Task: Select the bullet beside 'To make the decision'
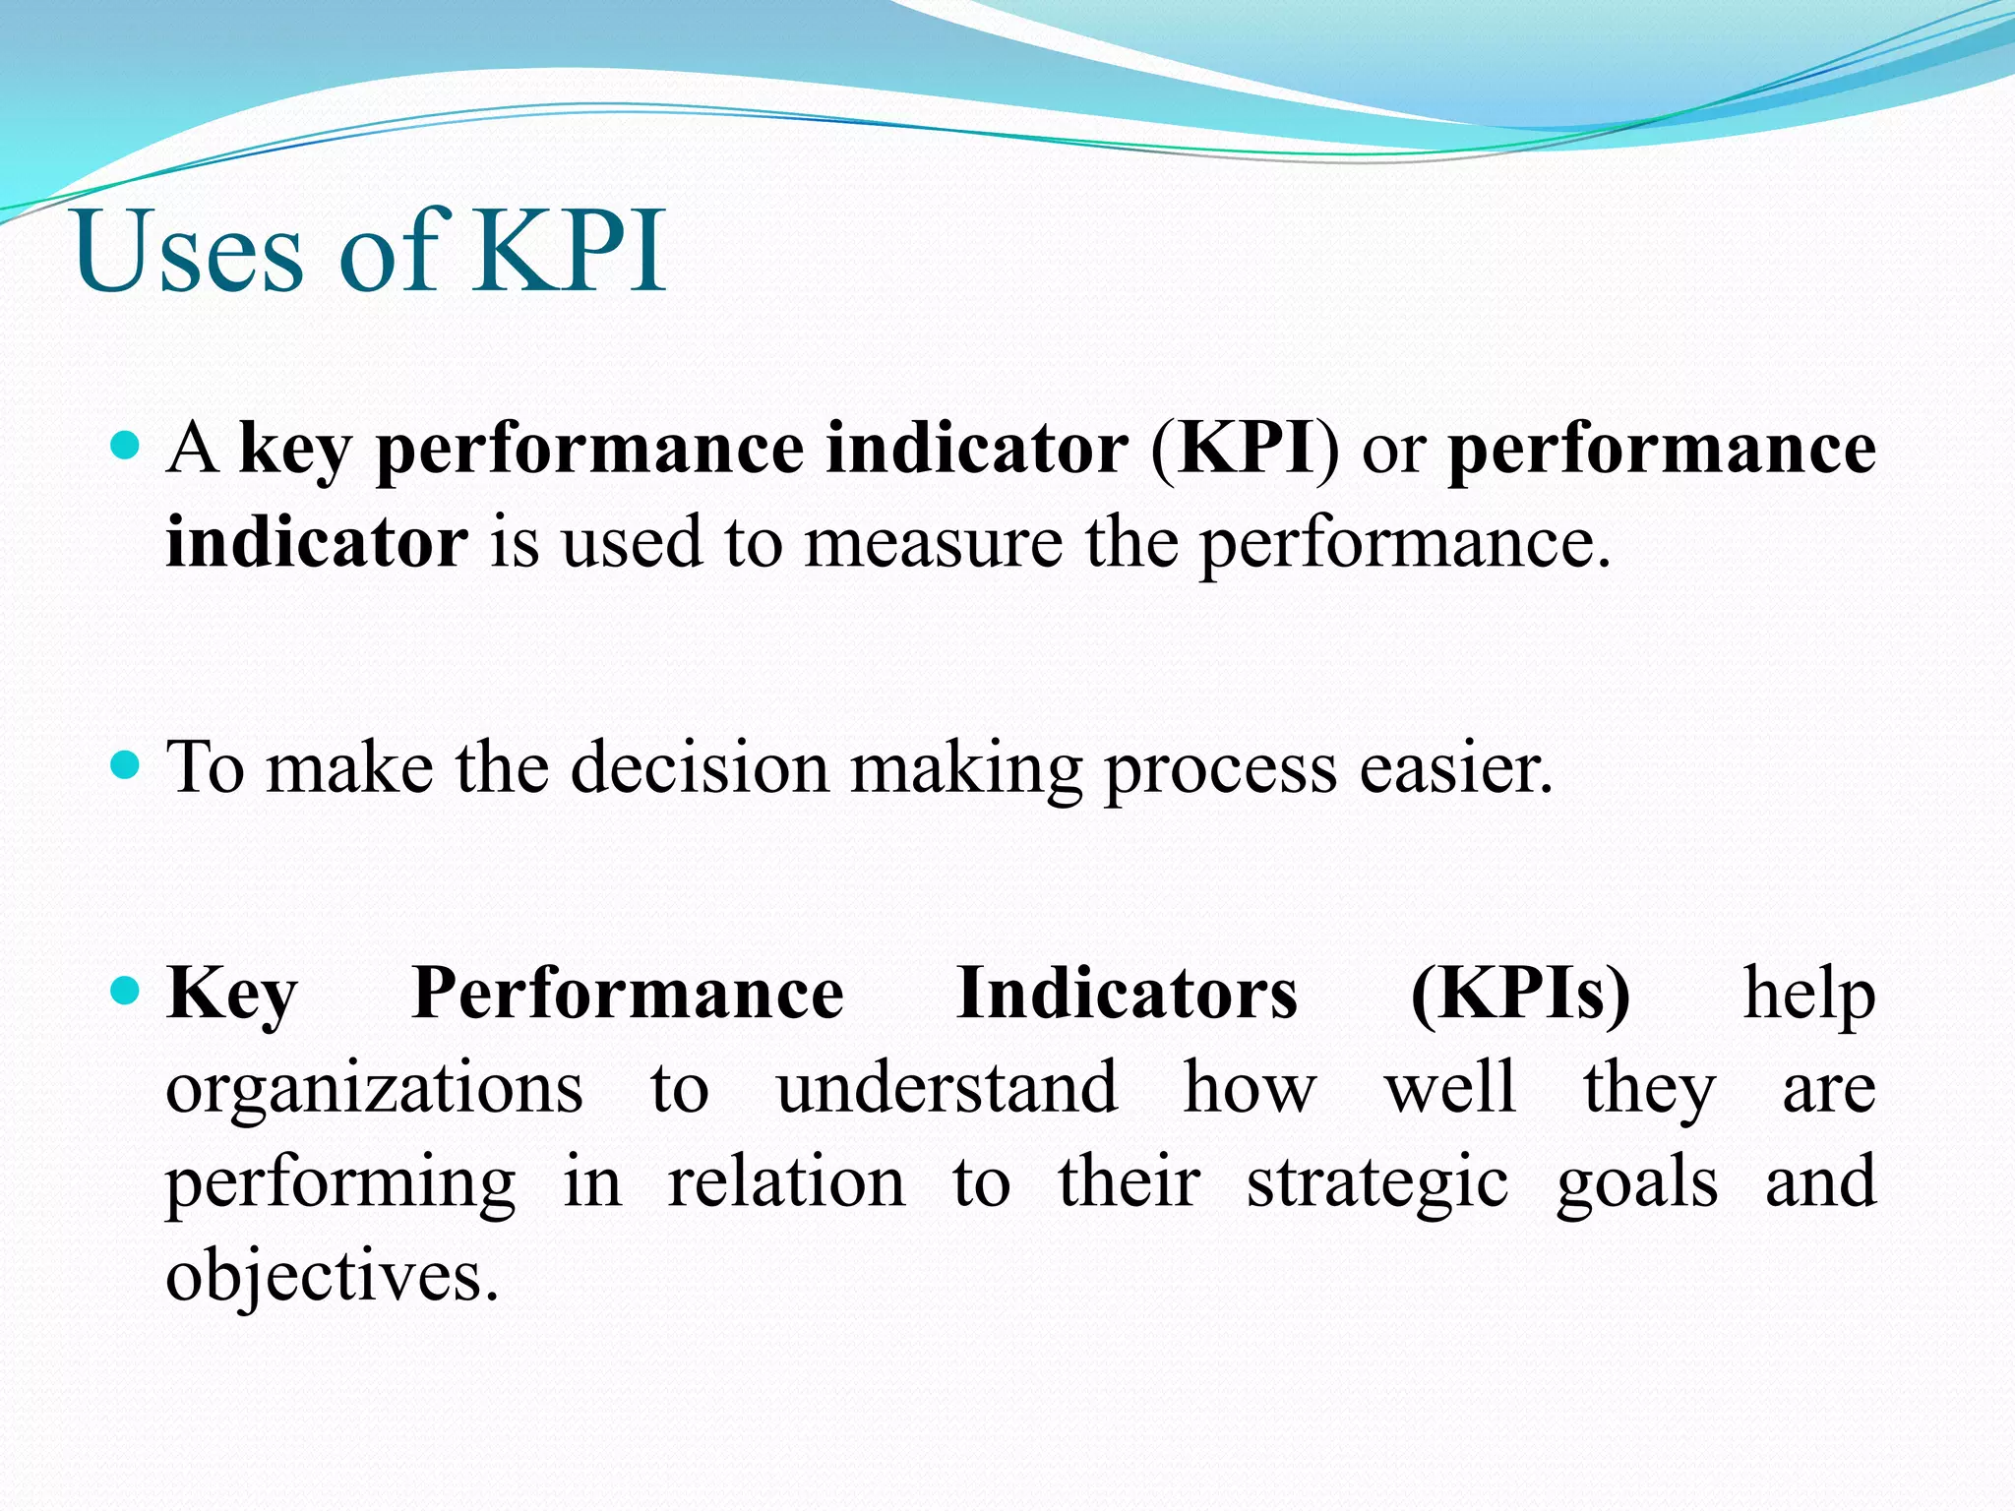pos(126,765)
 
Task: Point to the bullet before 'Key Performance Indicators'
pos(126,990)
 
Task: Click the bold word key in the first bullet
pos(295,451)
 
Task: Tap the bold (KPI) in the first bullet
pos(1245,449)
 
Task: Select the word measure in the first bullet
pos(934,543)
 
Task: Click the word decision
pos(700,767)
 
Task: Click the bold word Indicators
pos(1127,994)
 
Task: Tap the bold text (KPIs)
pos(1520,994)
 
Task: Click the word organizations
pos(374,1090)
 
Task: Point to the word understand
pos(946,1088)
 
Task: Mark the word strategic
pos(1377,1184)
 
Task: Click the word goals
pos(1637,1184)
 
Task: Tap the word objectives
pos(332,1277)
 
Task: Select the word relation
pos(786,1182)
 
